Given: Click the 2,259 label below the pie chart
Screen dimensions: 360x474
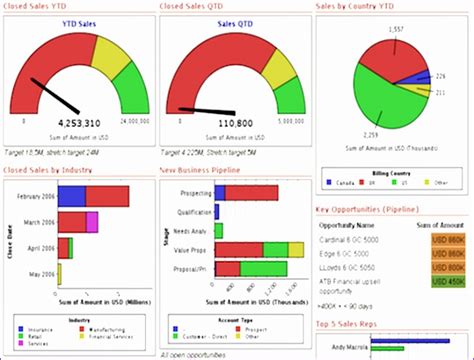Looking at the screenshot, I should [341, 134].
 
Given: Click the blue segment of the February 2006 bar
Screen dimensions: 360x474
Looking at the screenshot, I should [71, 196].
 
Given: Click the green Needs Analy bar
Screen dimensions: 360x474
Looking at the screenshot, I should [219, 230].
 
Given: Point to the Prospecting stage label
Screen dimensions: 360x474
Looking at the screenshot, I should [190, 192].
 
